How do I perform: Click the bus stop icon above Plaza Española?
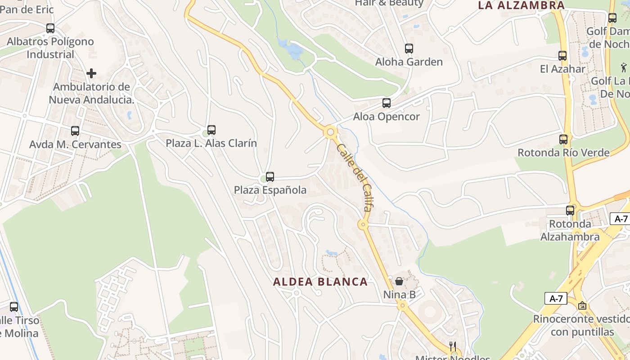click(270, 177)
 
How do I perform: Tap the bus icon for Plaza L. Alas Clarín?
click(211, 130)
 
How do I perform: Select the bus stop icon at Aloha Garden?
click(409, 49)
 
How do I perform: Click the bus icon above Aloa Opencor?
click(387, 103)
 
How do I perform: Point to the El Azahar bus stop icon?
click(562, 56)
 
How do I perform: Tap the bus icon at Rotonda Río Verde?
click(563, 139)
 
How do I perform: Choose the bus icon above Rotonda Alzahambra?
click(570, 210)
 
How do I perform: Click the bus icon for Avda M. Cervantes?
click(75, 131)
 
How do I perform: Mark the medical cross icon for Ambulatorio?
click(91, 73)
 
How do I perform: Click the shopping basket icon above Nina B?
click(399, 281)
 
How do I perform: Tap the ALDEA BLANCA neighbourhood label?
click(320, 282)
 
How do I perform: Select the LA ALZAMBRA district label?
click(521, 5)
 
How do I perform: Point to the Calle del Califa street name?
click(355, 177)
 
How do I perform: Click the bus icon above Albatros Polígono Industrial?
click(50, 28)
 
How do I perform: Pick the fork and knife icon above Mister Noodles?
click(453, 346)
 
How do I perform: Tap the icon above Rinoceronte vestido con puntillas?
click(582, 306)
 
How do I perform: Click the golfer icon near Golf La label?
click(623, 68)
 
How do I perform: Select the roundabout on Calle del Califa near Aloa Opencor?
click(331, 132)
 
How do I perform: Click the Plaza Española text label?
click(270, 190)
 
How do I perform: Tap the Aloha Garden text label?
click(409, 62)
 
